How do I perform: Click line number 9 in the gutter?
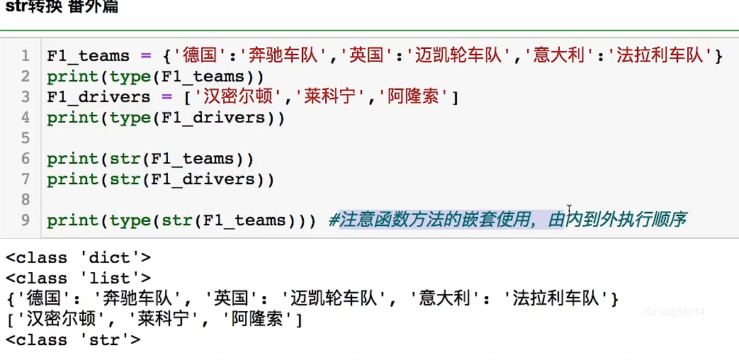26,220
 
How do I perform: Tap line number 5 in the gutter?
26,137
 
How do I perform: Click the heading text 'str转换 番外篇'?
60,8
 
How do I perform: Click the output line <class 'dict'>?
78,258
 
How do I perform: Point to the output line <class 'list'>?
78,279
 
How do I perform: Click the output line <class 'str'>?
73,340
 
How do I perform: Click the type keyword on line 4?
130,118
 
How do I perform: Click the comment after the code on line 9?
508,220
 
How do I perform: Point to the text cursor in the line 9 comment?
569,212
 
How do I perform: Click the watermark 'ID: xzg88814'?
675,312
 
